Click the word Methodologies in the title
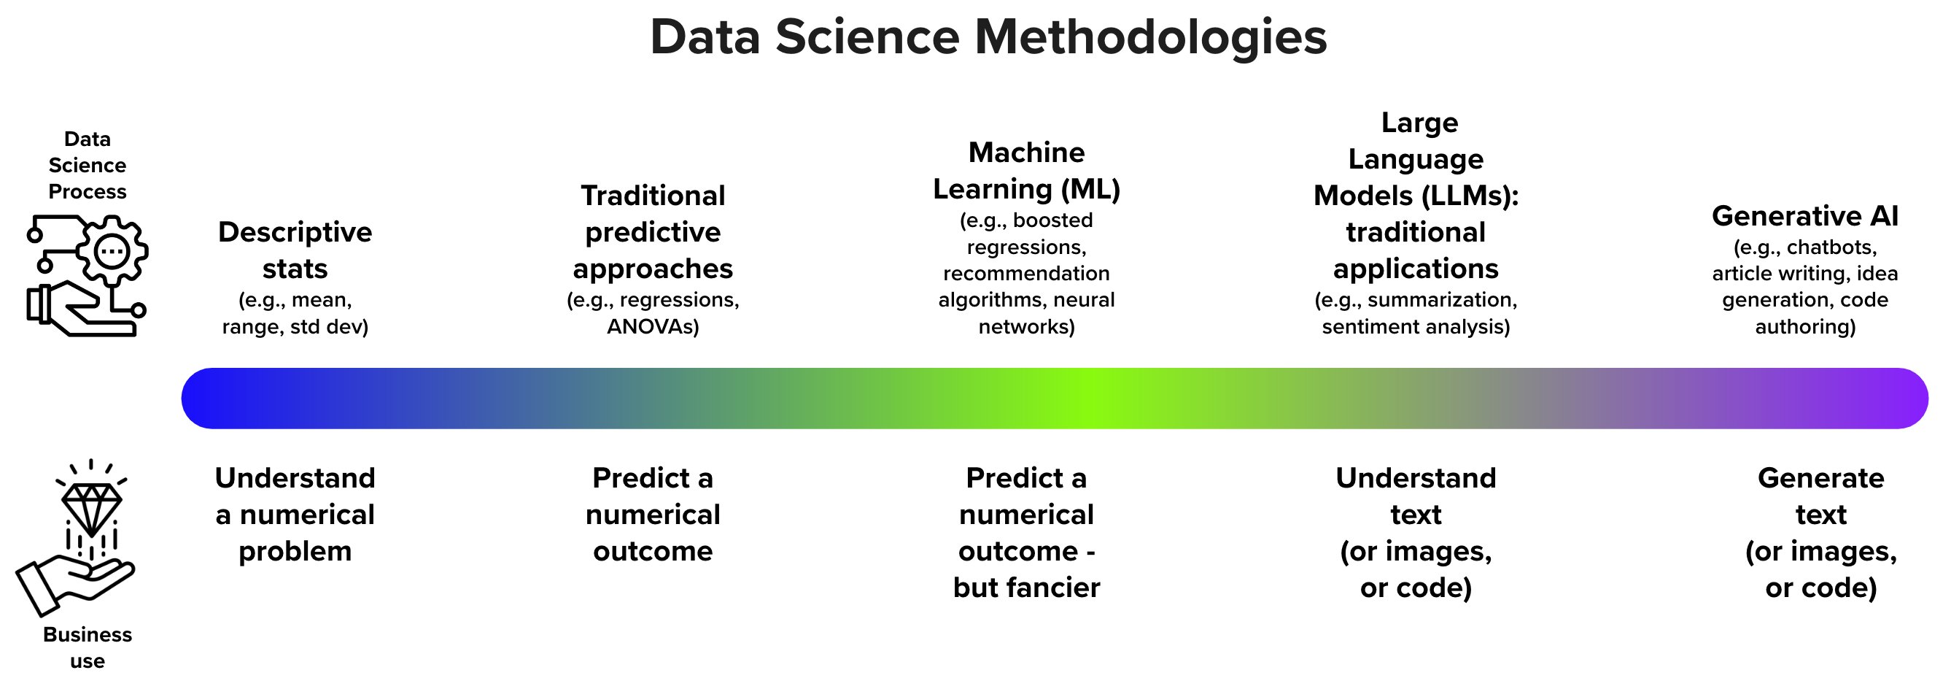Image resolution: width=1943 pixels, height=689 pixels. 1150,37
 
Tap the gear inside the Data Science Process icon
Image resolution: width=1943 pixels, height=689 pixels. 112,251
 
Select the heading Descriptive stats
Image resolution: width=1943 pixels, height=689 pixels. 295,250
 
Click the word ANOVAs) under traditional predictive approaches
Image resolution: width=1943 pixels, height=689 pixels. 653,327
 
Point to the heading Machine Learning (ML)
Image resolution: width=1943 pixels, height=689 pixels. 1025,171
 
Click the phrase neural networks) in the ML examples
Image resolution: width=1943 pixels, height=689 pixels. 1056,313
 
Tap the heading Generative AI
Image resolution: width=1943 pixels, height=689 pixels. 1804,216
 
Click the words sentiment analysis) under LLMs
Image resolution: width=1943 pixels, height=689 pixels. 1415,327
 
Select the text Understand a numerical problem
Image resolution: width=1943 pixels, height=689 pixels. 295,514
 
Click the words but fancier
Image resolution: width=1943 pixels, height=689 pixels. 1025,587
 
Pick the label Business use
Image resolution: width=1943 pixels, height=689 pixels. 88,647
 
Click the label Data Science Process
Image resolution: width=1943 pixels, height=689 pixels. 88,164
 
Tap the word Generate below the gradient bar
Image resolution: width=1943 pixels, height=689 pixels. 1820,477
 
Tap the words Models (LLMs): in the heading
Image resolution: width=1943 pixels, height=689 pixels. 1415,196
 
